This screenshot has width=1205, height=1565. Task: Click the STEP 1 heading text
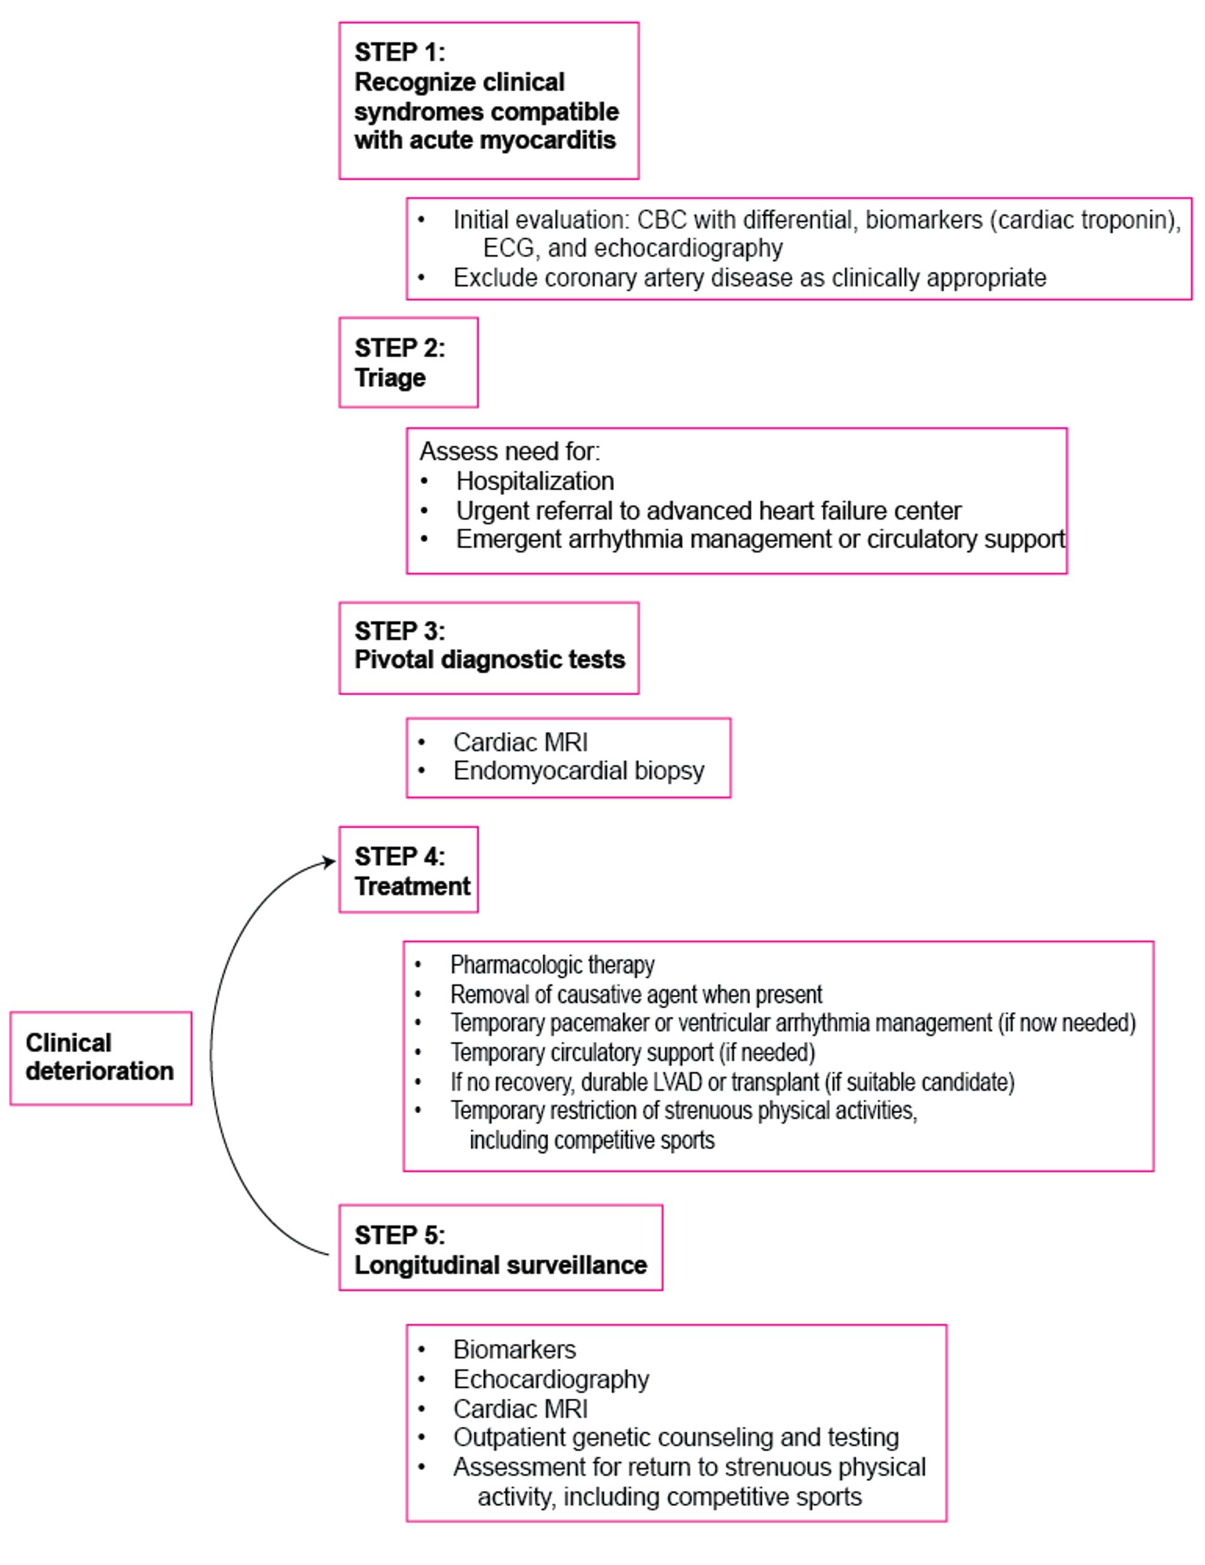(x=486, y=96)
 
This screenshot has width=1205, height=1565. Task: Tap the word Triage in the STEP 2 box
(x=390, y=378)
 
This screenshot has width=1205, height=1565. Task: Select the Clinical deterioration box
(x=101, y=1058)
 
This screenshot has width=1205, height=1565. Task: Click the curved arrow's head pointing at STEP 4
(x=329, y=861)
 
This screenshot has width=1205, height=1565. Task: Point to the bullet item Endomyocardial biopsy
(x=579, y=771)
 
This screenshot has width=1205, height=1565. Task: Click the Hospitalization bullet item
(x=535, y=481)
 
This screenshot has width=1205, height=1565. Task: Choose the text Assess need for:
(x=510, y=451)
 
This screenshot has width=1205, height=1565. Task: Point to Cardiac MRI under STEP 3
(x=521, y=741)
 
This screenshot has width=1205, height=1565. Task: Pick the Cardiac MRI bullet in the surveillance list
(x=521, y=1409)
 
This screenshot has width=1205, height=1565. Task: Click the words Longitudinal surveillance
(x=501, y=1266)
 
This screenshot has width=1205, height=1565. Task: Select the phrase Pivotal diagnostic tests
(x=490, y=660)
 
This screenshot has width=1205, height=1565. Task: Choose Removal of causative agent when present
(x=636, y=994)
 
